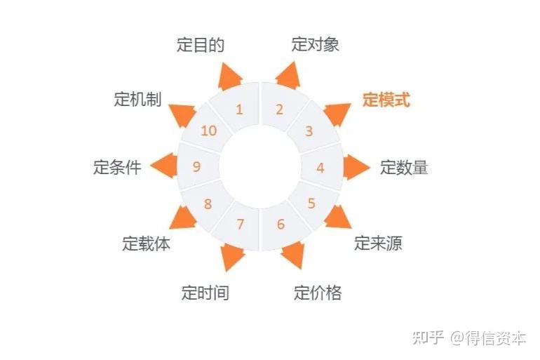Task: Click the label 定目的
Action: [x=201, y=46]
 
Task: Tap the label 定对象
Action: [x=316, y=44]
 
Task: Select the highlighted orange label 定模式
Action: [x=386, y=100]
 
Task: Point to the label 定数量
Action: [x=404, y=168]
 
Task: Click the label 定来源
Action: [x=378, y=244]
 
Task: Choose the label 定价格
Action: [x=318, y=292]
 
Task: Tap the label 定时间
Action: [x=205, y=292]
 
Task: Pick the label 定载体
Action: [x=146, y=244]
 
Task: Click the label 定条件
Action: [x=117, y=168]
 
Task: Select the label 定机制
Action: [x=137, y=100]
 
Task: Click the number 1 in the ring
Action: [x=239, y=109]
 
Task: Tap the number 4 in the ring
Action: [x=320, y=168]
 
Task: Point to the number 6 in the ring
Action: [x=281, y=225]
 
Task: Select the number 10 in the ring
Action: [x=209, y=131]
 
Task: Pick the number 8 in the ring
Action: [x=208, y=204]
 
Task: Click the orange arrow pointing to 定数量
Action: [x=356, y=167]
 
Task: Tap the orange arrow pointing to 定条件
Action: [x=163, y=167]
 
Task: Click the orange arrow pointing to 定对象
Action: [x=288, y=74]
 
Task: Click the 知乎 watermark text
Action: [x=428, y=338]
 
